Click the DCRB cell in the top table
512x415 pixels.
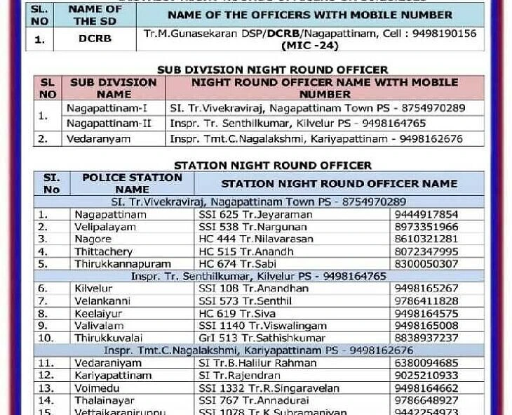[x=95, y=39]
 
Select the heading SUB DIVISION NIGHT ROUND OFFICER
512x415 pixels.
[x=272, y=70]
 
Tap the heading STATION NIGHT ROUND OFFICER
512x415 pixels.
[x=273, y=165]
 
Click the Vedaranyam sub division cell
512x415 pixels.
[x=99, y=138]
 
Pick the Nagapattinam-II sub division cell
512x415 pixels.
[x=109, y=123]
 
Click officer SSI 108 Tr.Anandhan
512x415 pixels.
[x=253, y=289]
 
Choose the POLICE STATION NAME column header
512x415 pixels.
[x=133, y=183]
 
